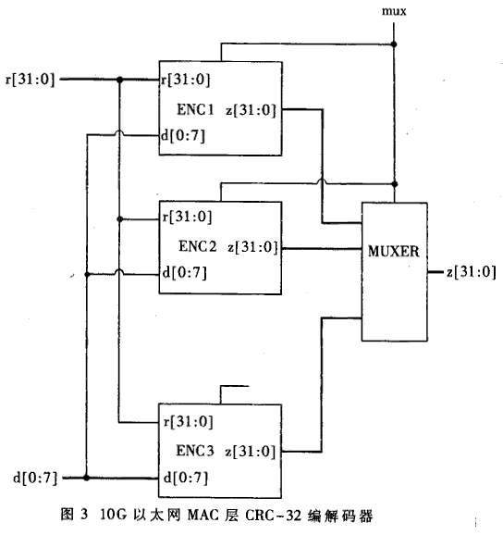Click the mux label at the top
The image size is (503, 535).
tap(394, 11)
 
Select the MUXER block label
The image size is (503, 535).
tap(394, 252)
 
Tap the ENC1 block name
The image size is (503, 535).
tap(196, 109)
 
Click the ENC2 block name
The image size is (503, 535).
tap(198, 246)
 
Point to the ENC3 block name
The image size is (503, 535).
tap(195, 451)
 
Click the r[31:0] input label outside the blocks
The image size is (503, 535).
tap(30, 80)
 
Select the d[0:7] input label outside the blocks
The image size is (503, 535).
tap(35, 478)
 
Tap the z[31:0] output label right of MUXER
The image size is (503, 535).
tap(472, 272)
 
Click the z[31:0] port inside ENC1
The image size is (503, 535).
tap(251, 110)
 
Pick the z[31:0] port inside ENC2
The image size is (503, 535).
tap(252, 247)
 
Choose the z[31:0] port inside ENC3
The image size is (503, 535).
tap(251, 452)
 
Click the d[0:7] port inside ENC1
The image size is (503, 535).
tap(183, 136)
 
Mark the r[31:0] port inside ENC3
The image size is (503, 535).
tap(189, 422)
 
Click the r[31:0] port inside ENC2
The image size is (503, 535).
tap(187, 217)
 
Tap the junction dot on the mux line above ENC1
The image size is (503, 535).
tap(394, 44)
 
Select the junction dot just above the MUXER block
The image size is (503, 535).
tap(395, 184)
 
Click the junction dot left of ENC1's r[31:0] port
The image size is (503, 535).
tap(119, 80)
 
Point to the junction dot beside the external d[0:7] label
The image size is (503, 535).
tap(87, 478)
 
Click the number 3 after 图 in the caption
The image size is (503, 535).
tap(84, 515)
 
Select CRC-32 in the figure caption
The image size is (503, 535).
tap(274, 515)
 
